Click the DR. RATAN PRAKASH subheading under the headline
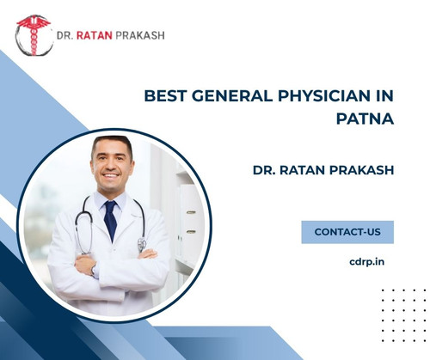pyautogui.click(x=322, y=170)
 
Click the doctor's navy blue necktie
pyautogui.click(x=110, y=220)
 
